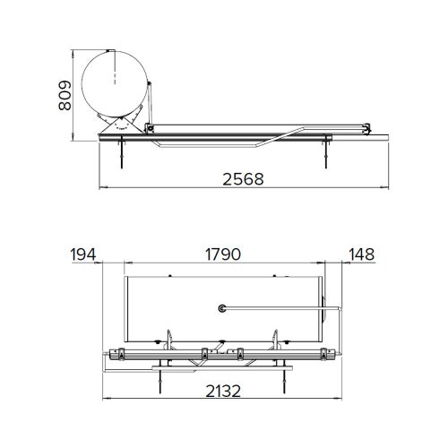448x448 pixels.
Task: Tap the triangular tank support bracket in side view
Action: pos(117,126)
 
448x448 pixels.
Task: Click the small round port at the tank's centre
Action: pos(220,308)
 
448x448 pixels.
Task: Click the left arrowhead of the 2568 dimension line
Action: pos(100,187)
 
